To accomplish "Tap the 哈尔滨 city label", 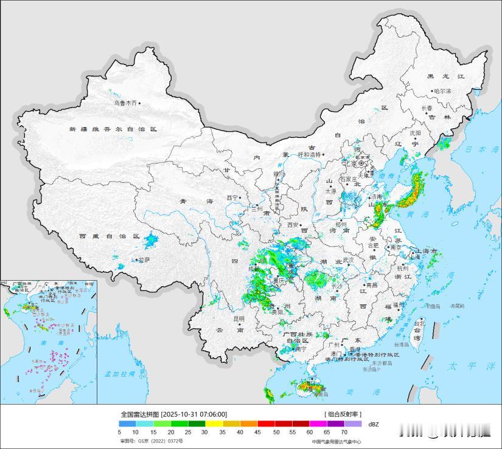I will [442, 91].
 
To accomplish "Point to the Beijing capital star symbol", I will [361, 163].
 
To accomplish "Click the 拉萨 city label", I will [144, 259].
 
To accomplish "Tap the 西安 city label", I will [291, 225].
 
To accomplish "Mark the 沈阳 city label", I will [415, 132].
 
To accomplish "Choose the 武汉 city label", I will [348, 259].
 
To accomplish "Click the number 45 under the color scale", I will [258, 432].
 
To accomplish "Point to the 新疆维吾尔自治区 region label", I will [113, 129].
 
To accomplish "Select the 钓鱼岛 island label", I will [433, 306].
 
